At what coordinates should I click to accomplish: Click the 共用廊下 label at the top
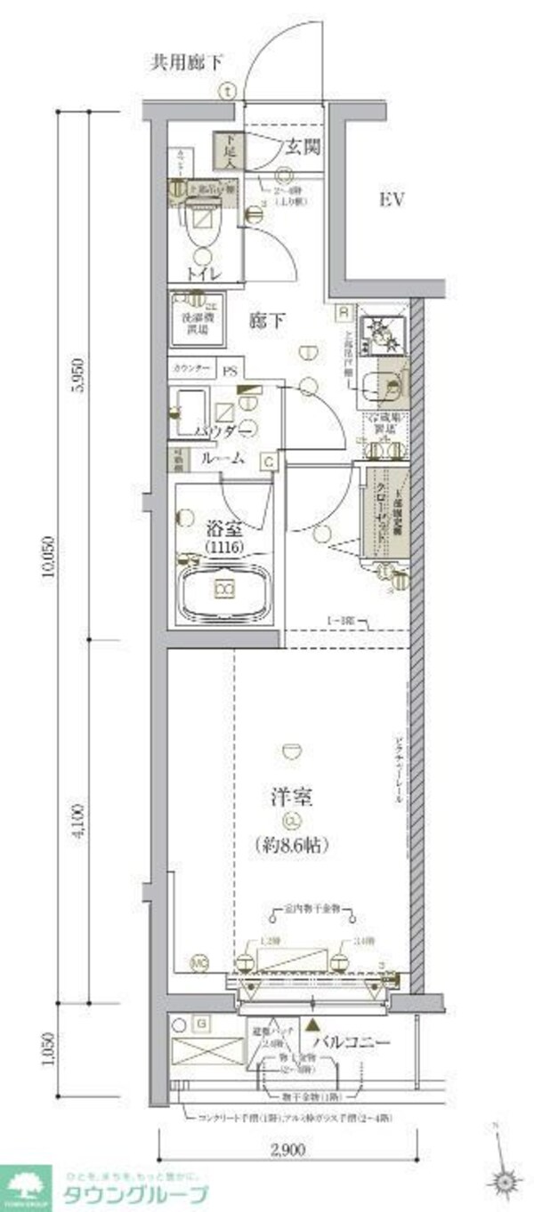186,62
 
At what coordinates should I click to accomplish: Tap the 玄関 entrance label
303,147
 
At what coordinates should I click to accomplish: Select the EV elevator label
392,199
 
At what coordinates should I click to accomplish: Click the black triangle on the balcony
312,1024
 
